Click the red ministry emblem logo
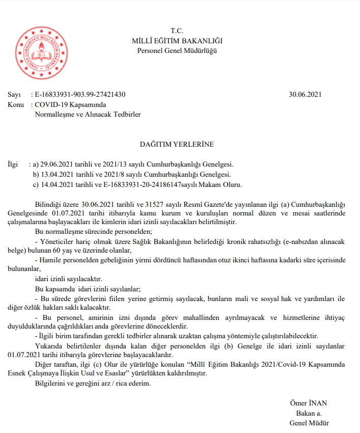point(42,50)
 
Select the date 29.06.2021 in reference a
point(56,165)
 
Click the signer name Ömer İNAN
point(309,404)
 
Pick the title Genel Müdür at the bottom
point(309,423)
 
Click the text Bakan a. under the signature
point(309,414)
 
